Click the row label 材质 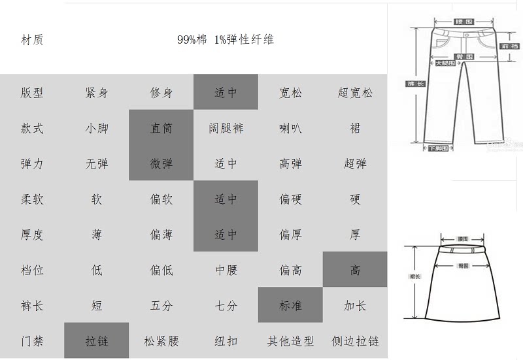(x=32, y=40)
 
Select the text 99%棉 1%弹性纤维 (x=226, y=40)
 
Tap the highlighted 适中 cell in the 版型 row (x=226, y=93)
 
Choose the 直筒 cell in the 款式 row (x=161, y=128)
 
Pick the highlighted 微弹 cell (x=161, y=163)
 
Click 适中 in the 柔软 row (x=226, y=199)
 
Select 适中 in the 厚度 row (x=226, y=234)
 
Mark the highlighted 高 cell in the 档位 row (x=355, y=269)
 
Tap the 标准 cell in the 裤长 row (x=290, y=305)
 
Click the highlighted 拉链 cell (x=97, y=340)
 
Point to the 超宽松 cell (x=355, y=93)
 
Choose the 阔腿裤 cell (x=226, y=128)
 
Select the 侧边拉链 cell (x=355, y=340)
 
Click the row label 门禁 (x=32, y=340)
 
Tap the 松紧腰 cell (x=161, y=340)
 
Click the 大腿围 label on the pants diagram (x=445, y=64)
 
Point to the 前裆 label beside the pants (x=509, y=46)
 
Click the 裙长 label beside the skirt (x=414, y=277)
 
